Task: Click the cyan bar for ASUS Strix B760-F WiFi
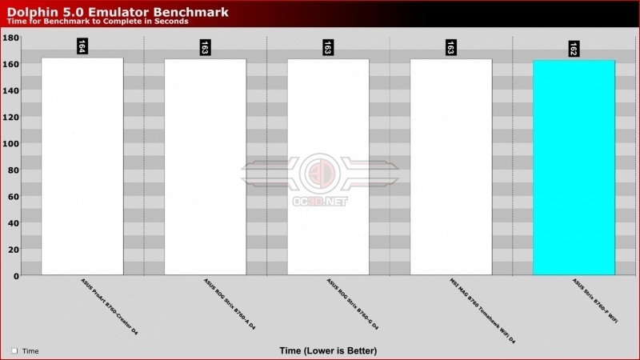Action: click(574, 167)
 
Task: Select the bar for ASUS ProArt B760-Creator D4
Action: click(82, 166)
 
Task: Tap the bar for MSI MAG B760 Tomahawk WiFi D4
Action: click(451, 167)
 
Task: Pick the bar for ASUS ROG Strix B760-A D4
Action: click(206, 167)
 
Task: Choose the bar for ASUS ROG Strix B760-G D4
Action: click(328, 167)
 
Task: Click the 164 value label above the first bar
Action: click(82, 46)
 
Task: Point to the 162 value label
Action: click(574, 49)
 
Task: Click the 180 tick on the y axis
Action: click(11, 38)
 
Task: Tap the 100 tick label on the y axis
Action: click(11, 143)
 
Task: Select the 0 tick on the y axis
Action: click(16, 276)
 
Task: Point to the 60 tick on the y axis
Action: click(14, 196)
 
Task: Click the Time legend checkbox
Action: click(14, 350)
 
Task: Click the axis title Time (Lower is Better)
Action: click(328, 350)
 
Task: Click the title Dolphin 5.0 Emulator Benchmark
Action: click(118, 12)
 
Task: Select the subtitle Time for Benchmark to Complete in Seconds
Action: click(98, 22)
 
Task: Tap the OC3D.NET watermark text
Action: click(320, 202)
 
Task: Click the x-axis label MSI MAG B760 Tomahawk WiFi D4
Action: click(482, 310)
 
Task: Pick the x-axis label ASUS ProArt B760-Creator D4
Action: click(110, 306)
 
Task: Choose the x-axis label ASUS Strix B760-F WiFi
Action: click(594, 301)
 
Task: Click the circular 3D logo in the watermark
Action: click(320, 173)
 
